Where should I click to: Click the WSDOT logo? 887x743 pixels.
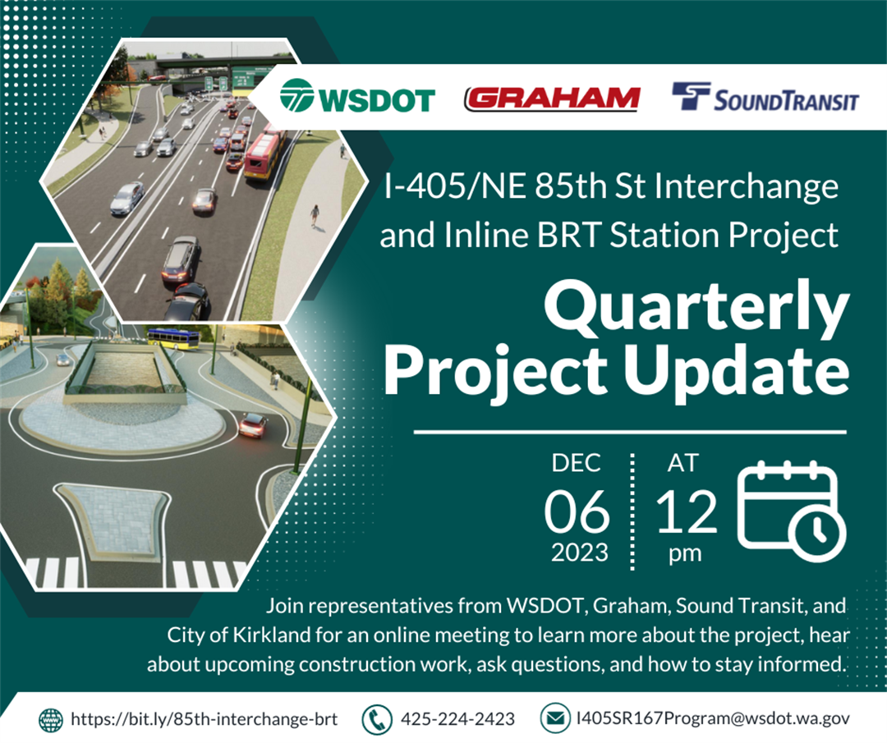pos(357,97)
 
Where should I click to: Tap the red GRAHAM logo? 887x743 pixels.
pos(552,99)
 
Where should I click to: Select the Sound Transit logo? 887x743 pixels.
pos(765,97)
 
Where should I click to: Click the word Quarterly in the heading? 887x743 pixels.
pos(696,308)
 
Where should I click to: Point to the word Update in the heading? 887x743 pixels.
pos(737,371)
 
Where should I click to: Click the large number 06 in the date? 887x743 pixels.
pos(577,511)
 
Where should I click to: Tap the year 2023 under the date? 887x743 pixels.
pos(579,553)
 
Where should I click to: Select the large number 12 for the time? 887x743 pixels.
pos(687,511)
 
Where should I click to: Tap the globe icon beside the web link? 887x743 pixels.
pos(51,720)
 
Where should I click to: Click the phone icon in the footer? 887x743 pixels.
pos(376,719)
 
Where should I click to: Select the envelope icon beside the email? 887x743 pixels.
pos(555,718)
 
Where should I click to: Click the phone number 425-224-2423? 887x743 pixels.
pos(457,718)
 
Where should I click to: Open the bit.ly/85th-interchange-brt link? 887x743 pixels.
pos(205,718)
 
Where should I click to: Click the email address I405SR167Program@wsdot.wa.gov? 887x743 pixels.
pos(713,718)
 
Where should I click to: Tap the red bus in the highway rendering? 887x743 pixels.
pos(264,154)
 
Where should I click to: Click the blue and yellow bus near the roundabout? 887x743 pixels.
pos(173,337)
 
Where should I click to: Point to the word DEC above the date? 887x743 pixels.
pos(576,463)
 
